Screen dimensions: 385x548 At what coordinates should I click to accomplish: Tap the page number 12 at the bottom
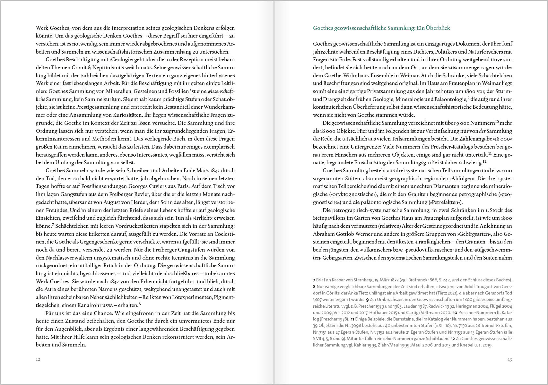coord(38,359)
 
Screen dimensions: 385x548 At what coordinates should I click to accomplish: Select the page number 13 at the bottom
coord(509,359)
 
